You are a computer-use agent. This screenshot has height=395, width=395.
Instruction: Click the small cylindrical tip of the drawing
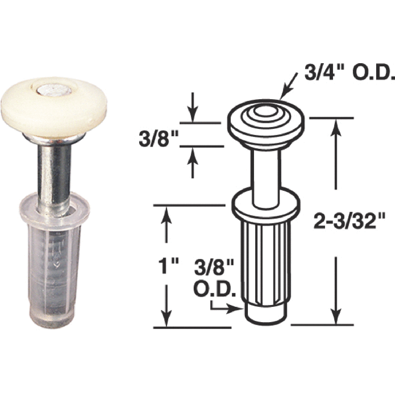265,311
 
